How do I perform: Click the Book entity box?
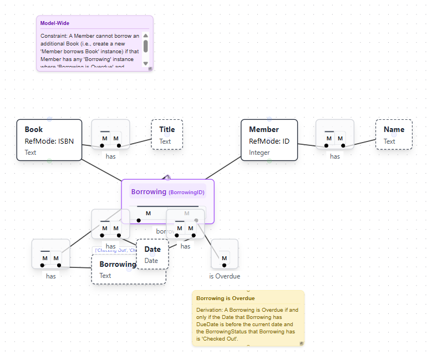[x=49, y=140]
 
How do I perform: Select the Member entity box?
[x=269, y=140]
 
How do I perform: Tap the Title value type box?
[x=167, y=135]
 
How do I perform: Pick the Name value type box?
[x=394, y=135]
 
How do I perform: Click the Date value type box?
[x=152, y=255]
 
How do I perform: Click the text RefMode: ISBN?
[x=49, y=141]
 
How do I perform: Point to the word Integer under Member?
[x=260, y=152]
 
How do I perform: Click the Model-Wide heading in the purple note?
[x=55, y=23]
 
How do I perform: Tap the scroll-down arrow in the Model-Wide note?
[x=146, y=63]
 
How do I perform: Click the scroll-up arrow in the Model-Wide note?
[x=146, y=36]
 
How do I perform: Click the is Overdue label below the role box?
[x=225, y=276]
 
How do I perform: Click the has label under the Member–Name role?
[x=335, y=156]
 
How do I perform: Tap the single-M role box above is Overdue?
[x=225, y=258]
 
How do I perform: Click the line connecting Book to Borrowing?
[x=101, y=170]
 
